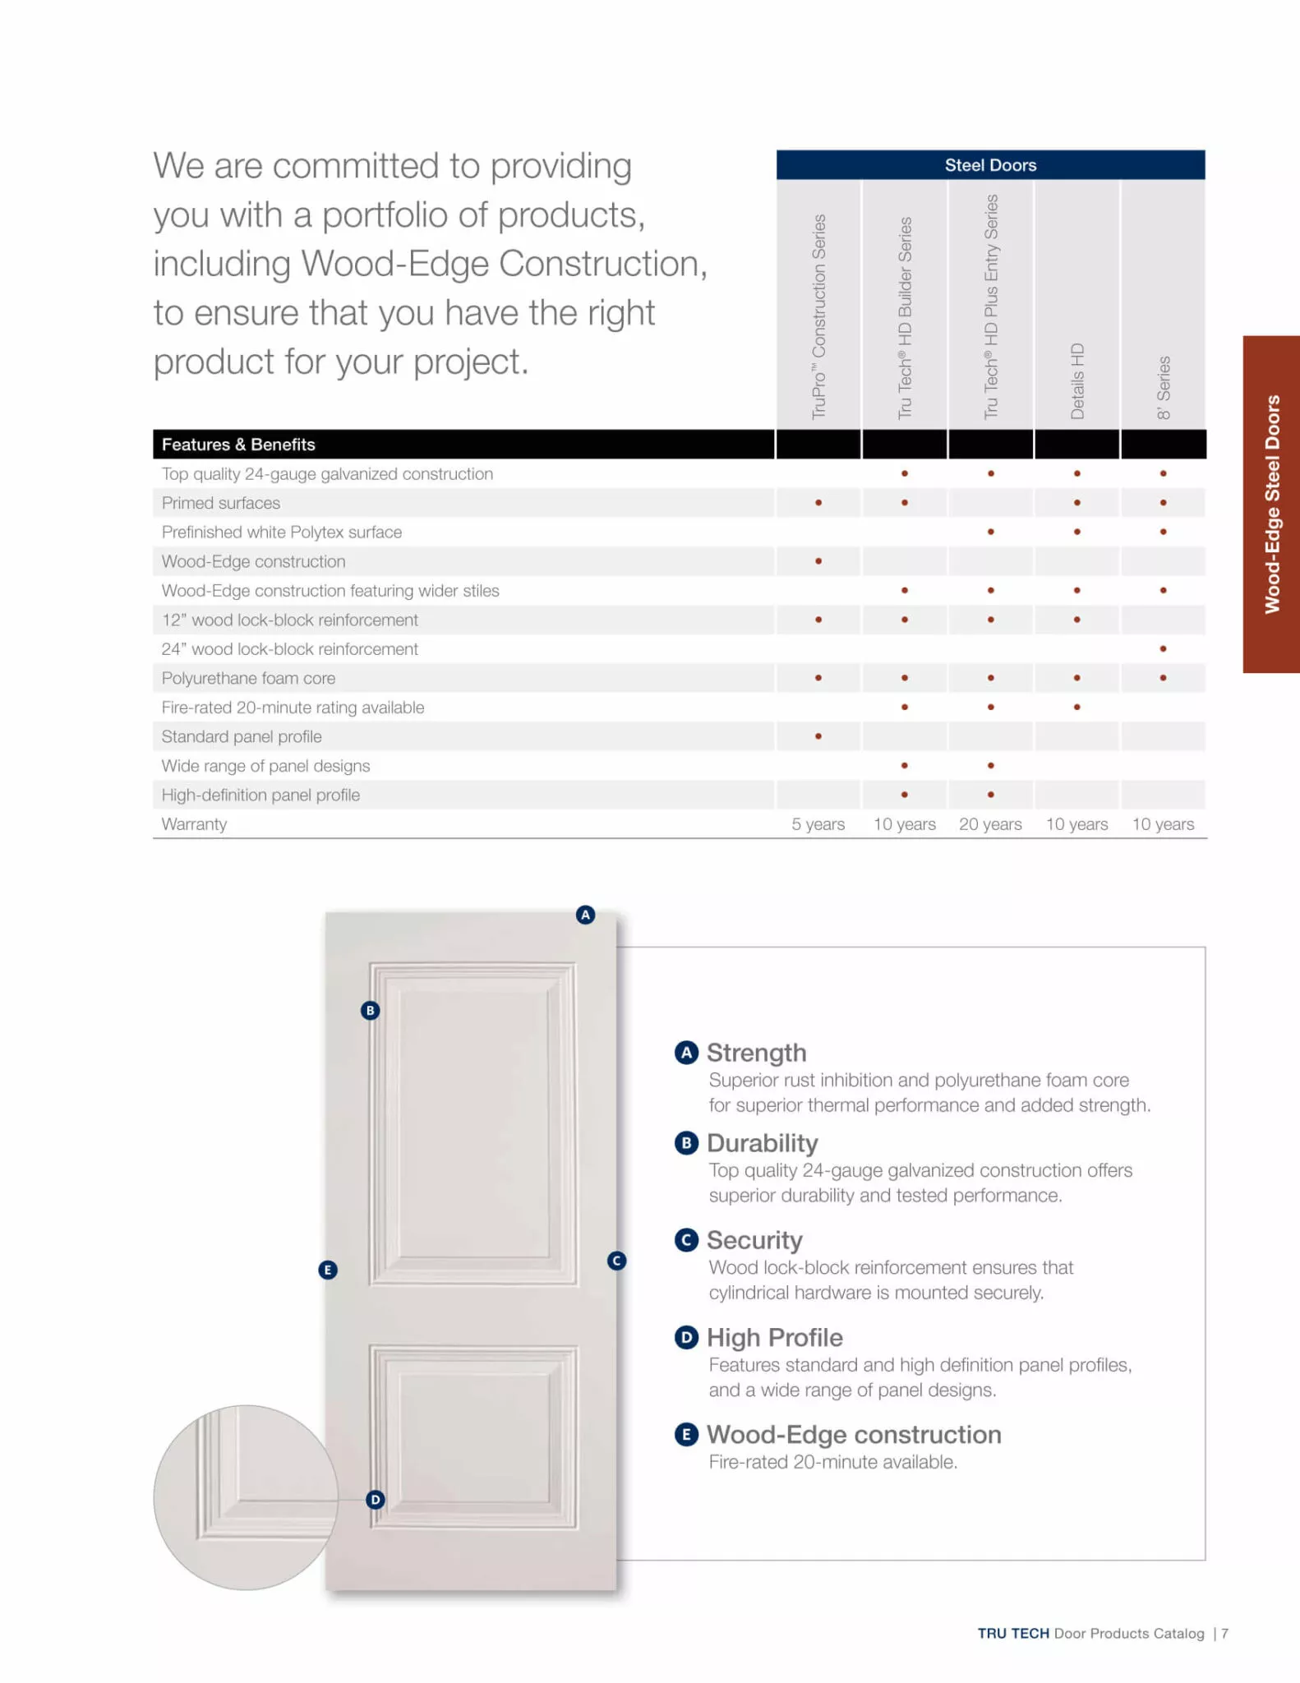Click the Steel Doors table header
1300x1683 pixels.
coord(990,165)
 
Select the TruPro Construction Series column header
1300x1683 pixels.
coord(818,317)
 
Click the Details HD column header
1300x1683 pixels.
coord(1077,380)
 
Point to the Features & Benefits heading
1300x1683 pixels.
coord(238,445)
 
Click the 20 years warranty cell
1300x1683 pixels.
coord(990,824)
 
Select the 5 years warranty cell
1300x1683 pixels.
coord(818,824)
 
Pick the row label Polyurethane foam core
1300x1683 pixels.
coord(248,678)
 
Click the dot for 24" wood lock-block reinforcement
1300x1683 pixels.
coord(1163,649)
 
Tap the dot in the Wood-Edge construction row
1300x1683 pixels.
coord(818,561)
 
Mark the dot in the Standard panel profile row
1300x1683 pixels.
coord(818,736)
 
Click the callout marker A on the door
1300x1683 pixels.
coord(585,915)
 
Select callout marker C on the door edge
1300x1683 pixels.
coord(617,1261)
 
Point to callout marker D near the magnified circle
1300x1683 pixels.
coord(376,1500)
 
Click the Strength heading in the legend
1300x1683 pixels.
coord(756,1053)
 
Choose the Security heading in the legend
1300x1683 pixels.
coord(754,1240)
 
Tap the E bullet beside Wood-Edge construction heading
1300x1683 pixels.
coord(686,1435)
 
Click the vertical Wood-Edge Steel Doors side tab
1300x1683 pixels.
coord(1272,504)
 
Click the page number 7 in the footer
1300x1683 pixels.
coord(1224,1634)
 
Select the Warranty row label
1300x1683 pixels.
coord(194,824)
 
